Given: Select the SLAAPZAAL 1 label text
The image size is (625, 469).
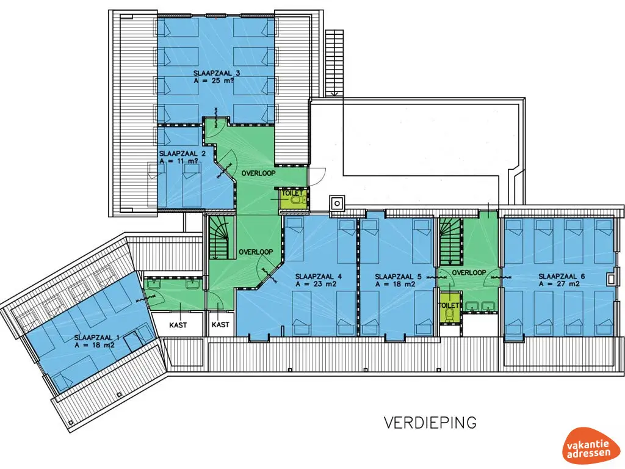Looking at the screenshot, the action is pos(94,338).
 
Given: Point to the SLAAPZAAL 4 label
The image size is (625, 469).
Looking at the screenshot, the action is pos(319,277).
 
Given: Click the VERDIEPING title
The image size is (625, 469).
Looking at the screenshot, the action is pos(430,423).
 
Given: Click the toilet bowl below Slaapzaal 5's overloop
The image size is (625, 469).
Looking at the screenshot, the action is pos(450,313).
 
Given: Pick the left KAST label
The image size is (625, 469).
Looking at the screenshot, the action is pos(178,325).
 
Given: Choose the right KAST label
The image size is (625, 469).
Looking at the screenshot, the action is pos(220,325).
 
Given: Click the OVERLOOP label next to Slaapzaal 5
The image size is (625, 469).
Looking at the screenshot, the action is pos(469,272).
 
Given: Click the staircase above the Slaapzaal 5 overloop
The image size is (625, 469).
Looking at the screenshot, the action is pos(451,242).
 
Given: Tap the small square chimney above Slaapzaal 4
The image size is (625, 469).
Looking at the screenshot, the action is pos(337,204).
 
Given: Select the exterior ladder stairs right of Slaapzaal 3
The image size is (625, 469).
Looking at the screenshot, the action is pos(334,63).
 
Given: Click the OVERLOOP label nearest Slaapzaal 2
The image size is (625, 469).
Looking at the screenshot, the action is pos(258,173).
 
